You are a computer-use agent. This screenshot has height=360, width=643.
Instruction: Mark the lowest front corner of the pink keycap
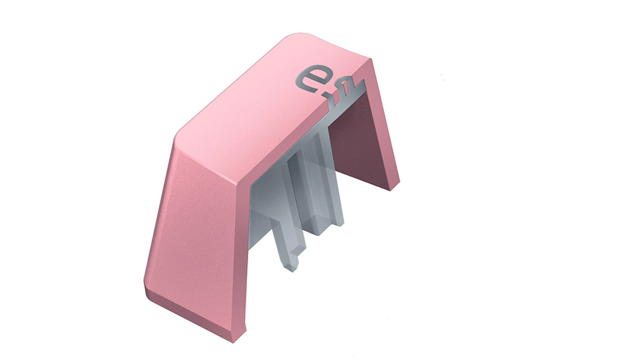coord(234,342)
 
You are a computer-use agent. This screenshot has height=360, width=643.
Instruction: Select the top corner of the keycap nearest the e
coord(370,59)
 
